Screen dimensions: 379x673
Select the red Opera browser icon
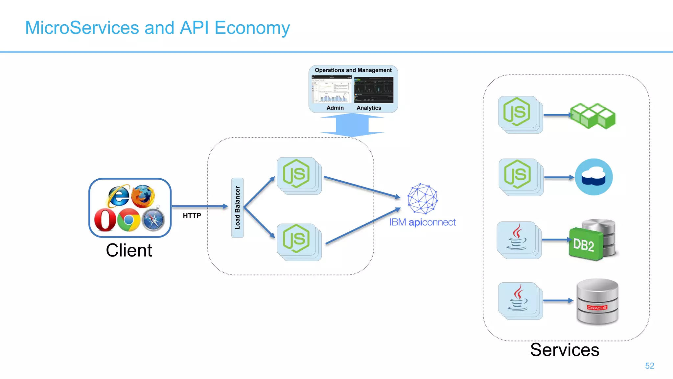pos(105,220)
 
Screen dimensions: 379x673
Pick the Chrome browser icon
pos(128,220)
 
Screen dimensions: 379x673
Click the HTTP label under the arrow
pos(192,216)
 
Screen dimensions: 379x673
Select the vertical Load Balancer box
pos(237,208)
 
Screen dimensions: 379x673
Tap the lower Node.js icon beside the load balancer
pos(296,239)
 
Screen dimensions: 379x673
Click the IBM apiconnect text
pos(422,222)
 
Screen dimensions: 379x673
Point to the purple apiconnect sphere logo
pos(422,199)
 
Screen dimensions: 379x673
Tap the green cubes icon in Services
pos(592,115)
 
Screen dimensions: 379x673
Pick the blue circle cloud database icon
pos(593,177)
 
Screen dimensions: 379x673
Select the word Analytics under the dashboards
pos(369,108)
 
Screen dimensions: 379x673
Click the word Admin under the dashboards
pos(335,108)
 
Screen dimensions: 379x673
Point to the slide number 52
pos(649,366)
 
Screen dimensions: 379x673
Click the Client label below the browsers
pos(129,250)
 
